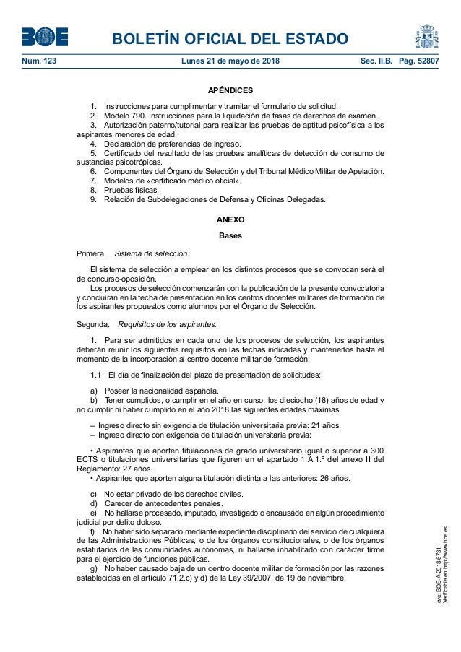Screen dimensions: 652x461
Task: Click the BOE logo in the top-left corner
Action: (x=44, y=37)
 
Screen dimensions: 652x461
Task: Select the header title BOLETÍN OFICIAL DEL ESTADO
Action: (x=230, y=38)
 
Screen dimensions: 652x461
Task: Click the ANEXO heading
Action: (x=231, y=219)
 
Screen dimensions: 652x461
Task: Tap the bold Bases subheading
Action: (x=231, y=236)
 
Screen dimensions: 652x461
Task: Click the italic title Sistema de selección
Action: (x=152, y=253)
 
